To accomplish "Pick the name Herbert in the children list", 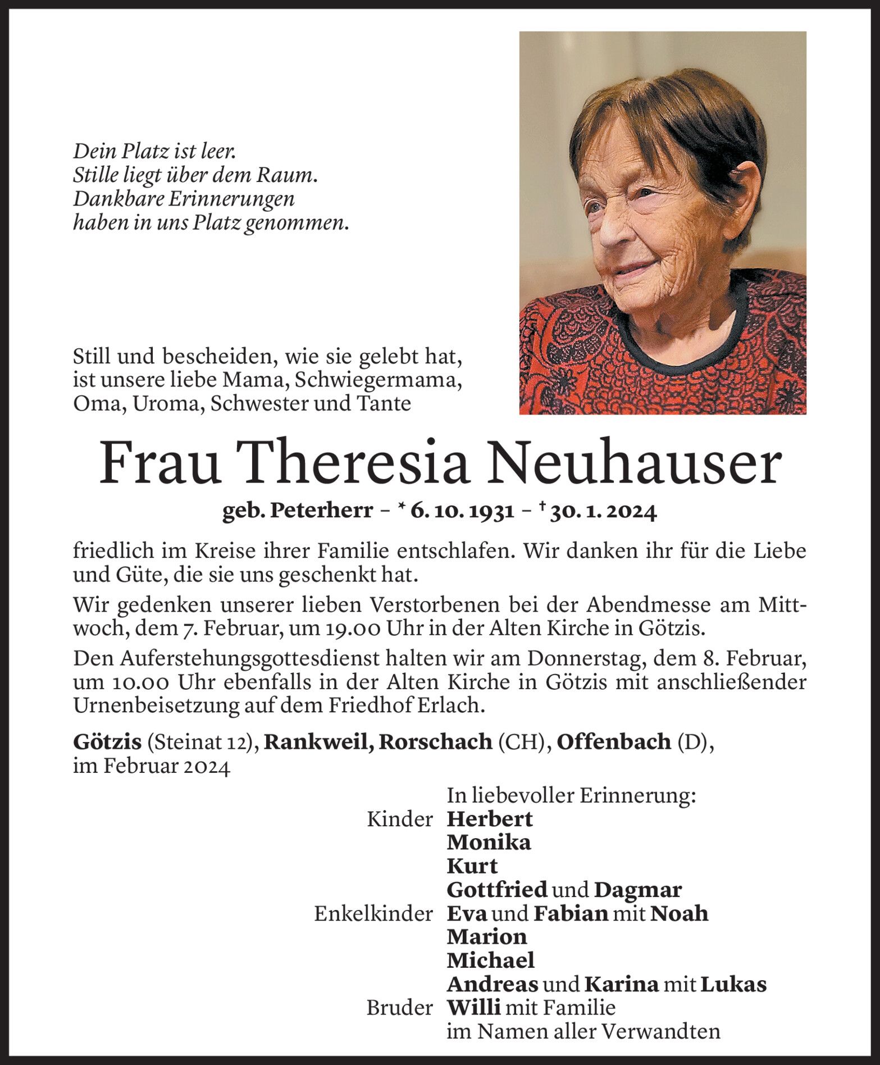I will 490,819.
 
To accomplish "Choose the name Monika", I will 489,843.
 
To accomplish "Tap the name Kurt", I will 472,866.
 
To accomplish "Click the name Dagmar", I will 638,890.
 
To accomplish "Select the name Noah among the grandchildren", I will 680,913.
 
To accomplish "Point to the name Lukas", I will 733,984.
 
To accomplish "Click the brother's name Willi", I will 473,1008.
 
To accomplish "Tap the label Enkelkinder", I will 373,914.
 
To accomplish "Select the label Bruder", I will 400,1008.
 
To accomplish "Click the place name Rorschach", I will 436,742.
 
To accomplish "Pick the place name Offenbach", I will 614,742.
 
